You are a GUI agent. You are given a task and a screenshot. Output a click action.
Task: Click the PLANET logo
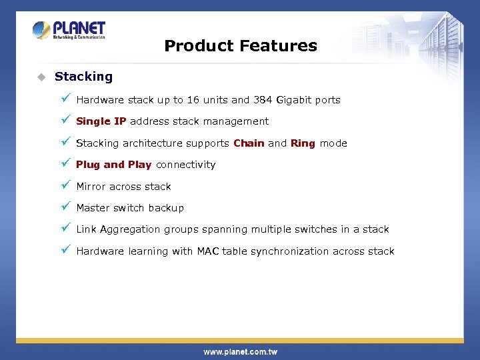tap(69, 30)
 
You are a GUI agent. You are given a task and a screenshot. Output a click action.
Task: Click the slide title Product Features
tap(240, 46)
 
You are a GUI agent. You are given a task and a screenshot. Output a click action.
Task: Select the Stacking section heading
tap(83, 77)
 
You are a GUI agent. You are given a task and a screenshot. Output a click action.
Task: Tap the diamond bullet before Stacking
tap(40, 77)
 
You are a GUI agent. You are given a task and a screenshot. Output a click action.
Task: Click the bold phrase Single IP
tap(101, 121)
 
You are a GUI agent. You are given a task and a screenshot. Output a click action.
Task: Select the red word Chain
tap(249, 143)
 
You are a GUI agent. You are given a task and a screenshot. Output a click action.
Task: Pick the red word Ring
tap(303, 143)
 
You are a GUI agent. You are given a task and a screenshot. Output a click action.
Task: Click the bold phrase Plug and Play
tap(113, 165)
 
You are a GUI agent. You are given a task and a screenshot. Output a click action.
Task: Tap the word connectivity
tap(185, 165)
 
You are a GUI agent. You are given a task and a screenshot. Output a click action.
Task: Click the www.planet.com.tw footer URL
tap(240, 351)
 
